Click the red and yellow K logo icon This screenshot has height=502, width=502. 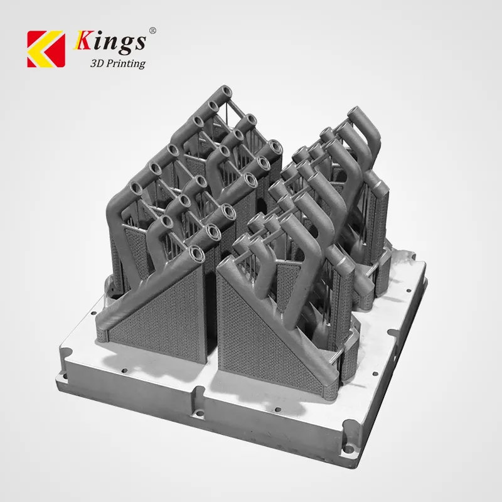46,49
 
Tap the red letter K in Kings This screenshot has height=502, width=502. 84,40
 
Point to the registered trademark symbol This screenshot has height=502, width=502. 152,31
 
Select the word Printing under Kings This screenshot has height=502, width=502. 125,63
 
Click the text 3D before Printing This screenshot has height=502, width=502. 97,63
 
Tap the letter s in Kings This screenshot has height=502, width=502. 141,43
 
